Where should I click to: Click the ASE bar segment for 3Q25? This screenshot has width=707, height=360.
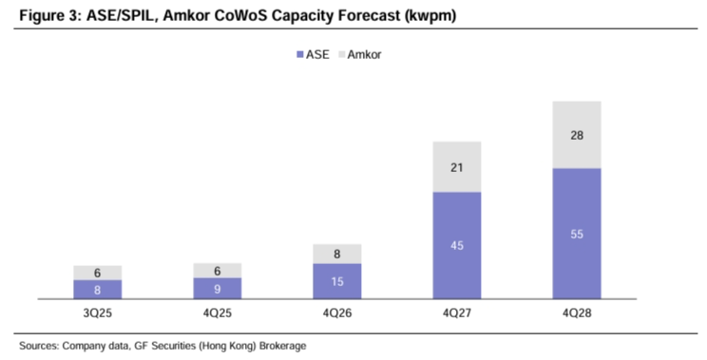97,290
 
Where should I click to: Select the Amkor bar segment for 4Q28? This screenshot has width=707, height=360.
577,135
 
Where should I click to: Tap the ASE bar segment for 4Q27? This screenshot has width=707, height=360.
457,246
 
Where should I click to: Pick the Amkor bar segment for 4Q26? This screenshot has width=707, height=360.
337,255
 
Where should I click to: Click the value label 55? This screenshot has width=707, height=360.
577,235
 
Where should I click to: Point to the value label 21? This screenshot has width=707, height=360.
457,167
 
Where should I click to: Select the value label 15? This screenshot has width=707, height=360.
337,281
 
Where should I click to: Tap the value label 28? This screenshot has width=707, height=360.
577,135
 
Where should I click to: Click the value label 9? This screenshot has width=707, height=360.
218,289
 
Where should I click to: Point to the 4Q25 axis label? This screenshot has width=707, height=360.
218,313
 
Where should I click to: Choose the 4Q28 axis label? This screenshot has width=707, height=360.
577,313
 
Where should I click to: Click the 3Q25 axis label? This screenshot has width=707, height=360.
97,313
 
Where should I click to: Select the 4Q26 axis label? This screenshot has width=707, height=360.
337,313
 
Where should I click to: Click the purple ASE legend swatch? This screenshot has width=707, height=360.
300,54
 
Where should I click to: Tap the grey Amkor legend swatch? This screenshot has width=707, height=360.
341,54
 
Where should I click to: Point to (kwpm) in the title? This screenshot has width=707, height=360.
430,16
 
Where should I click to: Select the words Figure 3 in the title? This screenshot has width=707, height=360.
48,16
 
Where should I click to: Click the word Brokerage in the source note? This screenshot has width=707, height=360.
283,346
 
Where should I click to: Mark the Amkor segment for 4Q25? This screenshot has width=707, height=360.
218,271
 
